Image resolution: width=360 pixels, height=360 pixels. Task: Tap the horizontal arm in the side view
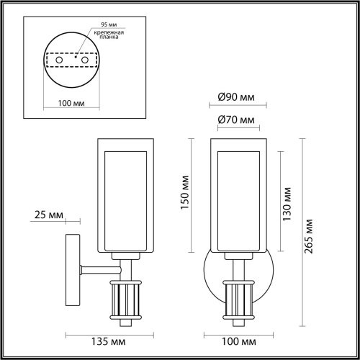pos(96,270)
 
